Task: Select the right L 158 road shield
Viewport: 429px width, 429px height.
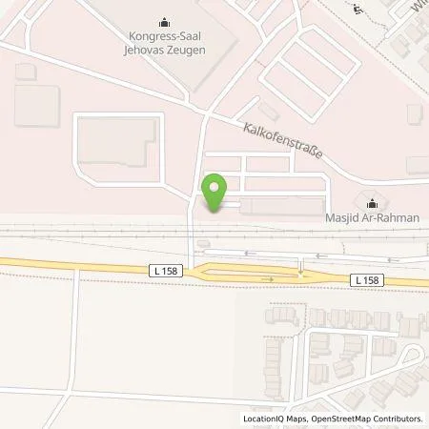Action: (367, 279)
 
